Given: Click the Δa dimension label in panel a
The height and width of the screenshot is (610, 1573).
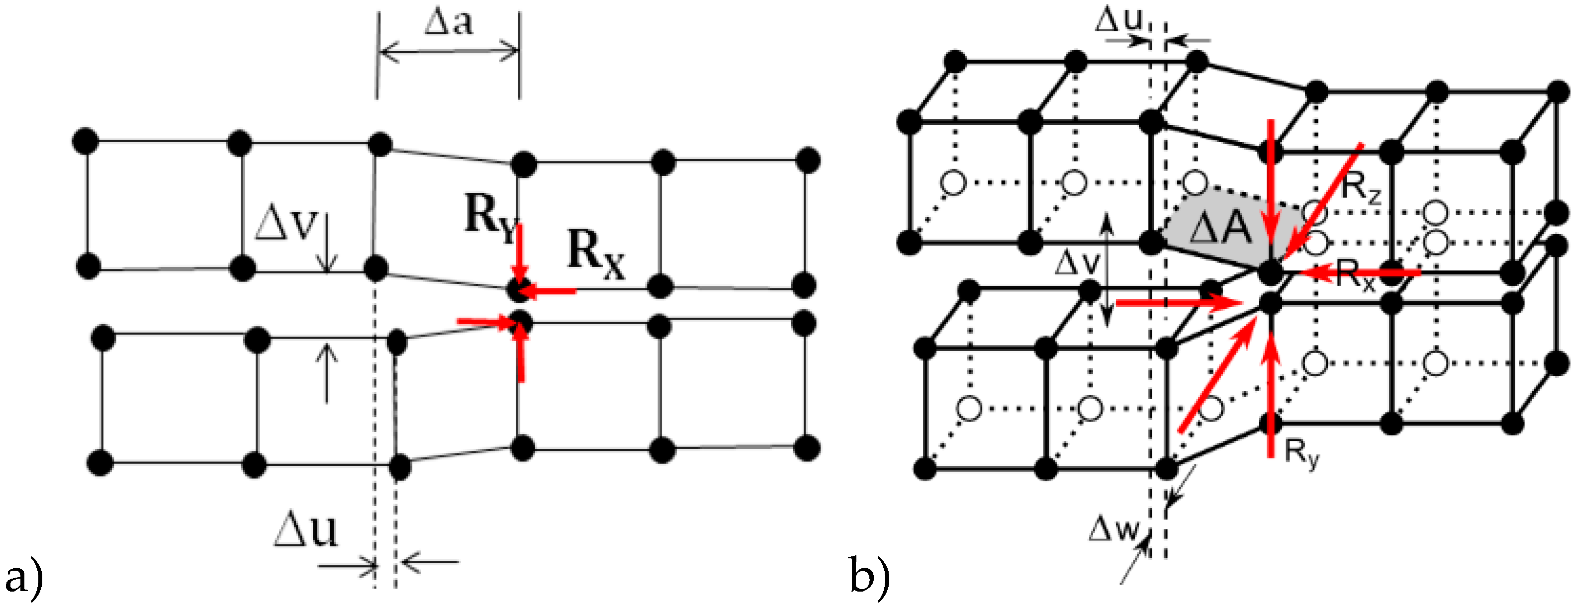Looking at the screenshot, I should pos(449,23).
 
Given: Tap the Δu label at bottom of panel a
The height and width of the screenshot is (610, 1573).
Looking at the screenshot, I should pos(305,529).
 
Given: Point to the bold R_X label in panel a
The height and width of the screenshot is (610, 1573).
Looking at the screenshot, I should pos(595,255).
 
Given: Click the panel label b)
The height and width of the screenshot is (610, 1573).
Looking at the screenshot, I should pos(869,577).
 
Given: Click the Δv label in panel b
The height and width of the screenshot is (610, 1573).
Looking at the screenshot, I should pos(1077,264).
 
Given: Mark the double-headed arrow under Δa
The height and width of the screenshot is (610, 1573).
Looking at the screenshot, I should pos(449,51).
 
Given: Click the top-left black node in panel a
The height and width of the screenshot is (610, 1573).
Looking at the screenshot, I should pos(85,141).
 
